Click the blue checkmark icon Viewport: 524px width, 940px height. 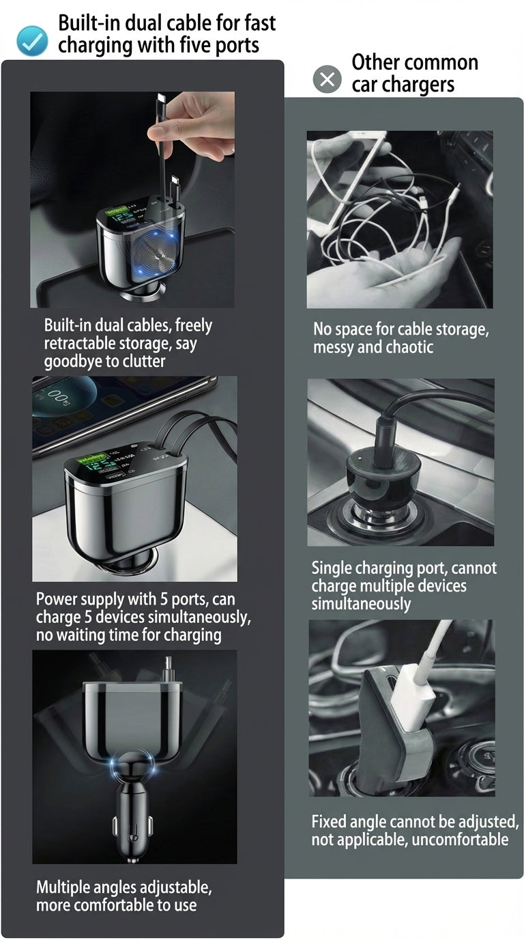click(x=32, y=41)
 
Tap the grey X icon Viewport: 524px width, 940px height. click(x=327, y=79)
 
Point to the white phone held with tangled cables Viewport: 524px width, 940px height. click(x=340, y=180)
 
